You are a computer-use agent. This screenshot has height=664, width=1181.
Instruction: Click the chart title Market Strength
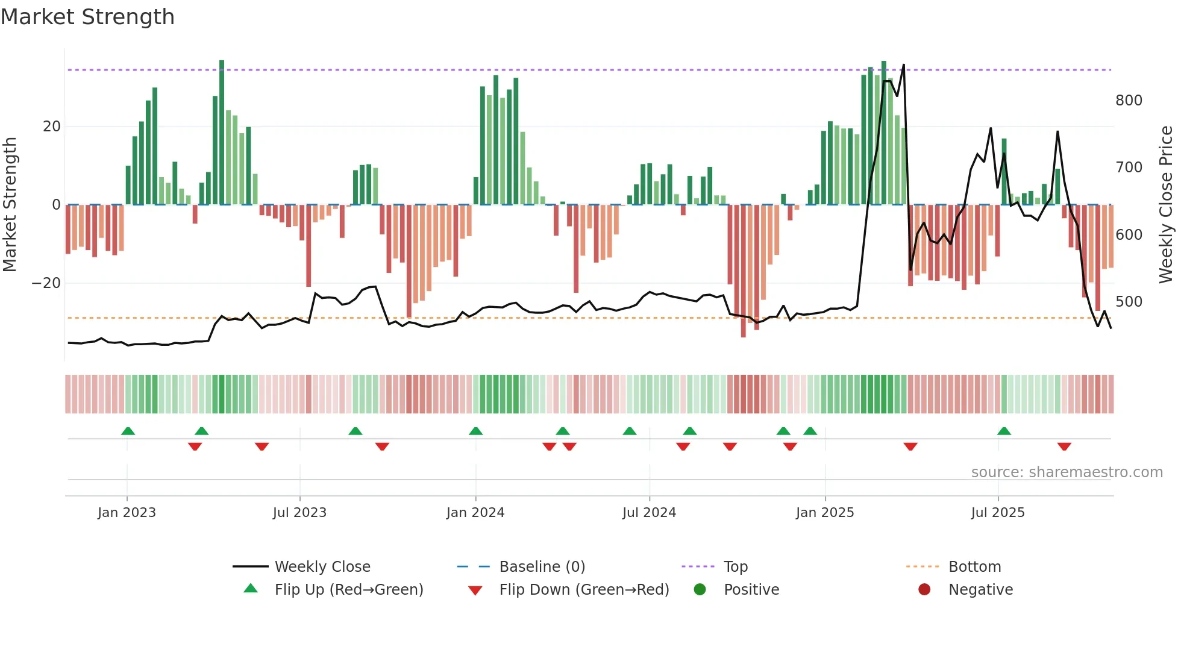(87, 17)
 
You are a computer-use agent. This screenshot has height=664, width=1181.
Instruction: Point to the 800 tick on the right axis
(1128, 100)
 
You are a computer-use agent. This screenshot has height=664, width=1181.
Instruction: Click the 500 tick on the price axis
(1128, 301)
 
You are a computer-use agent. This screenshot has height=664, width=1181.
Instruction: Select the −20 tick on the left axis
(46, 283)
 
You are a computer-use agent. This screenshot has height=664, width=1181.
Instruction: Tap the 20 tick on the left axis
(52, 127)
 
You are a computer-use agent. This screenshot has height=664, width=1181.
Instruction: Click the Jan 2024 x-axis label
(475, 513)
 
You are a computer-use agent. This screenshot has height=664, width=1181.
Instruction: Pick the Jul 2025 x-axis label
(998, 513)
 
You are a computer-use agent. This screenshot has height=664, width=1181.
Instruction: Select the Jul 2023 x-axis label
(299, 513)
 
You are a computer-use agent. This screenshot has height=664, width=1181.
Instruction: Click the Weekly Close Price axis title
(1167, 205)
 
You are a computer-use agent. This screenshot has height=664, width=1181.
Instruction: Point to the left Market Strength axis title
(10, 205)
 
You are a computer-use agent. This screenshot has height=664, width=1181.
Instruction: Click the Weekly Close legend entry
(322, 567)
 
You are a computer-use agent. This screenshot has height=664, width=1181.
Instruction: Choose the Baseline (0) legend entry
(542, 567)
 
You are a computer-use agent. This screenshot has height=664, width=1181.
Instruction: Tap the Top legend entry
(735, 567)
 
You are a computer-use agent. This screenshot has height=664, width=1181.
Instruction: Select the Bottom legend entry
(974, 567)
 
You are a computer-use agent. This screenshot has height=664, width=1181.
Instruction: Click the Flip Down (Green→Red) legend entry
(584, 590)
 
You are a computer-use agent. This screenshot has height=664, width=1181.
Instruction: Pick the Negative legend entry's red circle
(924, 590)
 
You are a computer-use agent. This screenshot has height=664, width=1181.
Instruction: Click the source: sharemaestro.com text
(1067, 472)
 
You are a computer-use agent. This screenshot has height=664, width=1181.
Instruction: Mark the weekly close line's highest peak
(904, 65)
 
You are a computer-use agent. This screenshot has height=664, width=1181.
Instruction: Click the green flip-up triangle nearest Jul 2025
(1004, 431)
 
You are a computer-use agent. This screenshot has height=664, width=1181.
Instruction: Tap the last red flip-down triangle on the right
(1064, 446)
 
